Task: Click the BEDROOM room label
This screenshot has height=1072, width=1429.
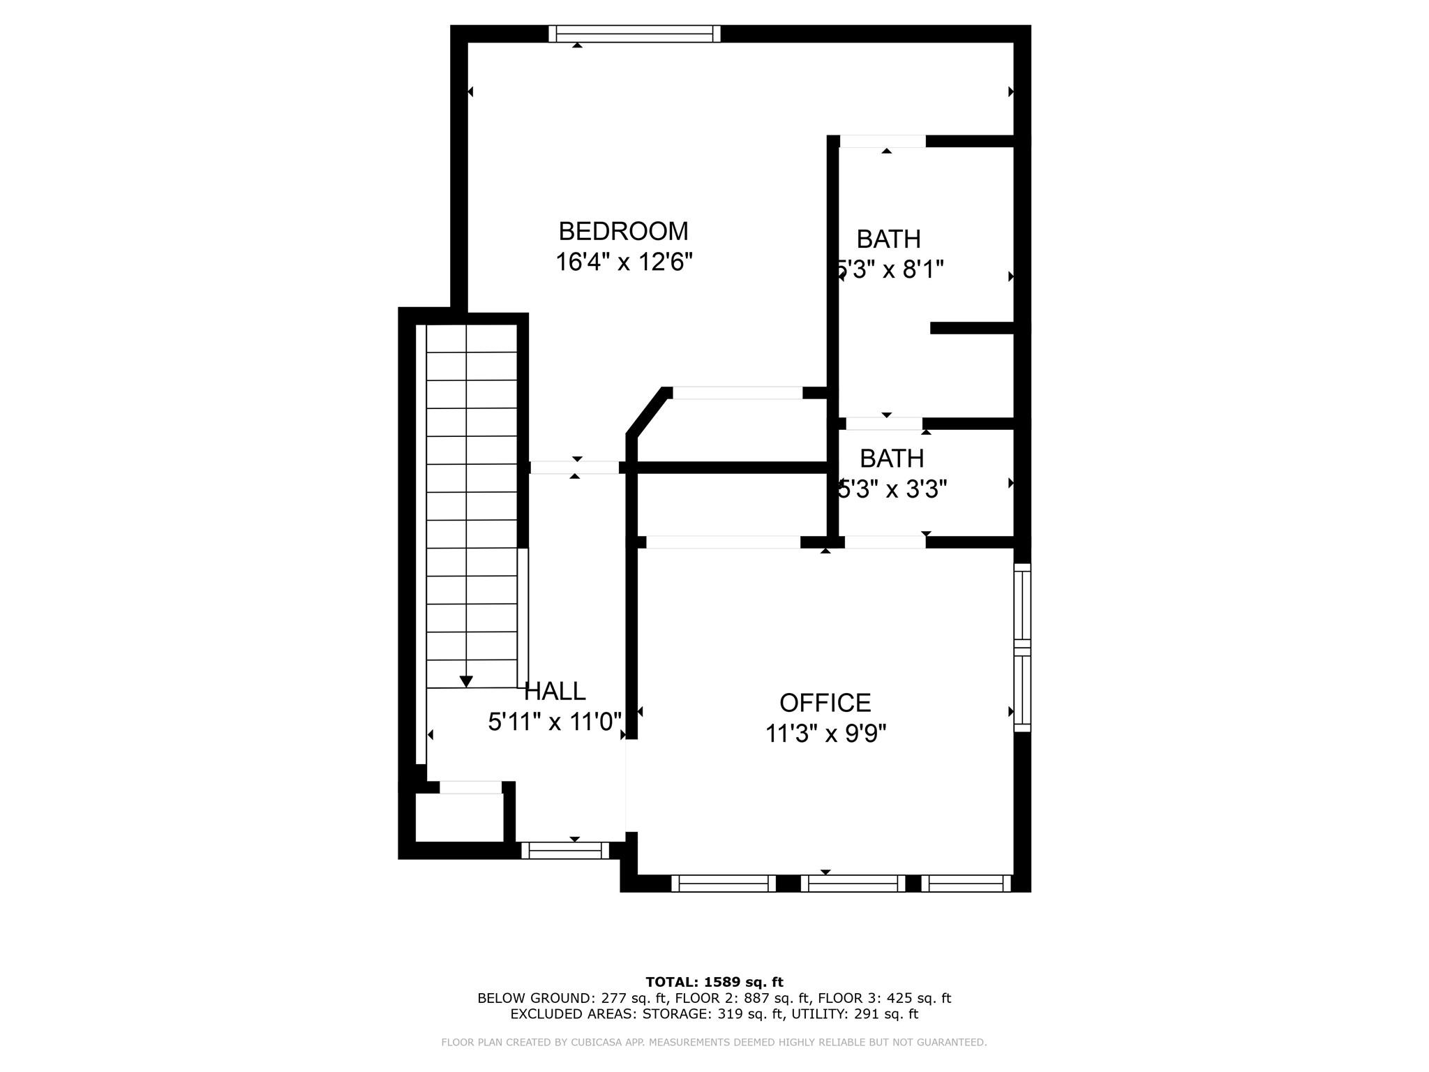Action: click(623, 231)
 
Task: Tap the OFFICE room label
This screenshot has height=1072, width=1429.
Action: click(825, 702)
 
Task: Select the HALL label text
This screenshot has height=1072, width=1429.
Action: click(555, 691)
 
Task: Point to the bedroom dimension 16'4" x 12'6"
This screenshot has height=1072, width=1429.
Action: click(624, 262)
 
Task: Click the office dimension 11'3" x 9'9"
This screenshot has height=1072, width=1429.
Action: click(825, 734)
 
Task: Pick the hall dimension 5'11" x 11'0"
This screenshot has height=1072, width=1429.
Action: click(555, 722)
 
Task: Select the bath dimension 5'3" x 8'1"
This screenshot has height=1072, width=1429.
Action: click(890, 269)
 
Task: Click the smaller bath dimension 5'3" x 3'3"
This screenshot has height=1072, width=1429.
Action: click(892, 490)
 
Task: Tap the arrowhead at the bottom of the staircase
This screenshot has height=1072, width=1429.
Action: click(466, 681)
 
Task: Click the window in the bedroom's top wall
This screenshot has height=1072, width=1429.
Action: click(634, 33)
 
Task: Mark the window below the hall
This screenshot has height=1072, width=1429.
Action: click(565, 850)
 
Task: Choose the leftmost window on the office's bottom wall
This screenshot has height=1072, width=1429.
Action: click(723, 884)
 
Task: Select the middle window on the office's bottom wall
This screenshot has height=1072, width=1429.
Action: click(853, 884)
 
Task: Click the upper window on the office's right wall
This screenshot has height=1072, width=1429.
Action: click(1022, 605)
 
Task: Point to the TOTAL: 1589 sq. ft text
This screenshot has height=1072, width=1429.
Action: click(714, 982)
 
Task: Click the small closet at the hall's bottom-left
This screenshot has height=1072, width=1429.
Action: click(459, 817)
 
